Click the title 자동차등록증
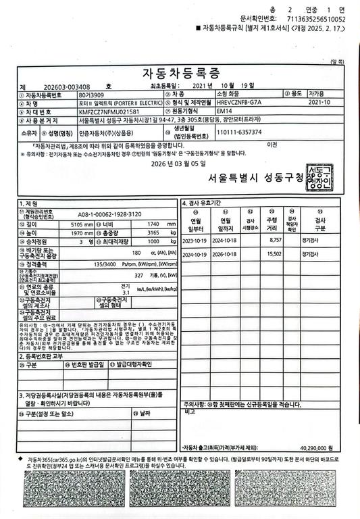tap(180, 73)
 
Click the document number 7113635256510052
tap(316, 20)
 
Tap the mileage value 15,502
tap(274, 253)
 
